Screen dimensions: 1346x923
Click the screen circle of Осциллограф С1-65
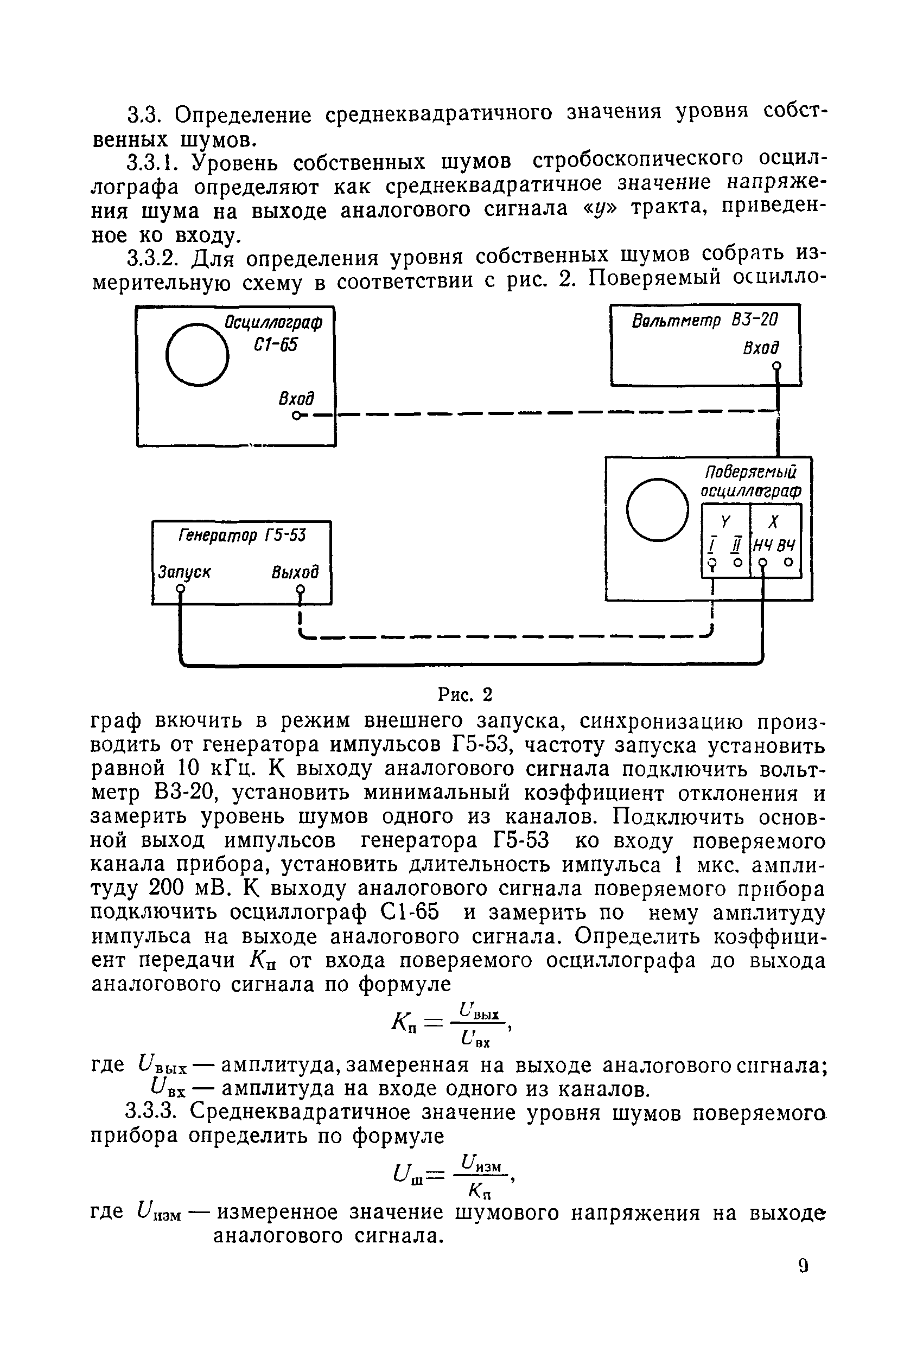point(197,355)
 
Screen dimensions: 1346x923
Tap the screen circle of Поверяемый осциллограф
point(658,509)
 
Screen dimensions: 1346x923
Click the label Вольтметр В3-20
point(704,320)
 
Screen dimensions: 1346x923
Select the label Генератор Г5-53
point(241,535)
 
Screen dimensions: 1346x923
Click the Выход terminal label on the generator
point(295,572)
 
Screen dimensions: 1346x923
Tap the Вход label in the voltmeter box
point(761,348)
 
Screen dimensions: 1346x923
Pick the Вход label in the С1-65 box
point(296,399)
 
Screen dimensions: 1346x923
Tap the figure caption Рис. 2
point(464,694)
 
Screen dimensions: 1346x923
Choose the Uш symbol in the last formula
point(408,1174)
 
